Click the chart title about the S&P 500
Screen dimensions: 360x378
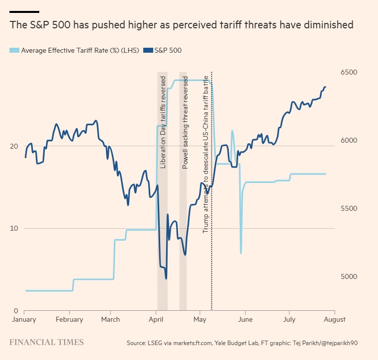[x=181, y=25]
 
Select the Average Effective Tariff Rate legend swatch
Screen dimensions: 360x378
[x=14, y=50]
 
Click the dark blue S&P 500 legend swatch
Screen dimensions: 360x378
[x=147, y=50]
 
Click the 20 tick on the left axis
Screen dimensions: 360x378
[x=14, y=146]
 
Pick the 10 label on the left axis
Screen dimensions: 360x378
[x=14, y=229]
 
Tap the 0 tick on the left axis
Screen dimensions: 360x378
[x=16, y=311]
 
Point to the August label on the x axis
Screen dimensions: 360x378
[x=335, y=319]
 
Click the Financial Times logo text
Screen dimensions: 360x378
[x=47, y=342]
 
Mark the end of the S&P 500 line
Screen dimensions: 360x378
[x=325, y=87]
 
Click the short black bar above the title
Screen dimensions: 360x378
[x=24, y=11]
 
